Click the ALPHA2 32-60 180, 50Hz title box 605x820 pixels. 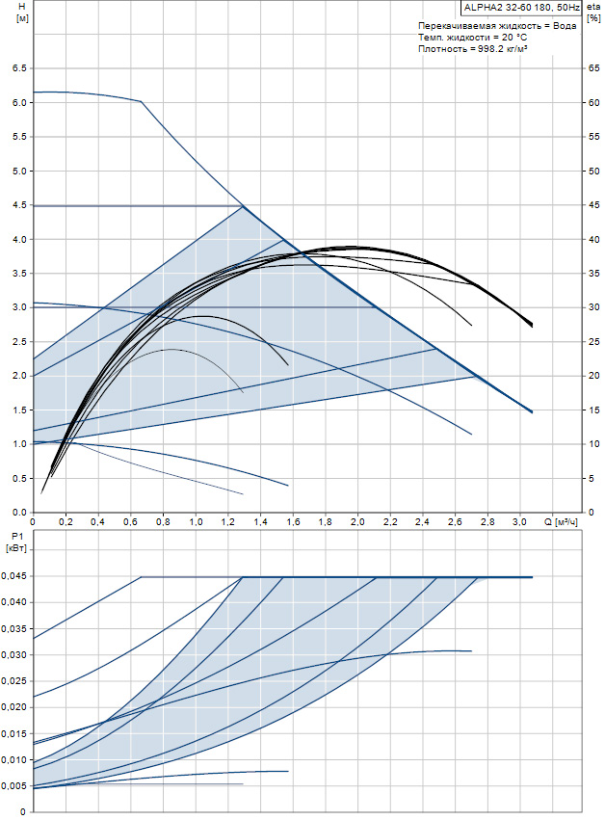coord(521,7)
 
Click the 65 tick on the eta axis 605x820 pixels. coord(593,68)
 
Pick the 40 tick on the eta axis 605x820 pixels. coord(593,239)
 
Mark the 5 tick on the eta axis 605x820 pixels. coord(595,478)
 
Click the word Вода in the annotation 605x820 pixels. coord(566,25)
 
